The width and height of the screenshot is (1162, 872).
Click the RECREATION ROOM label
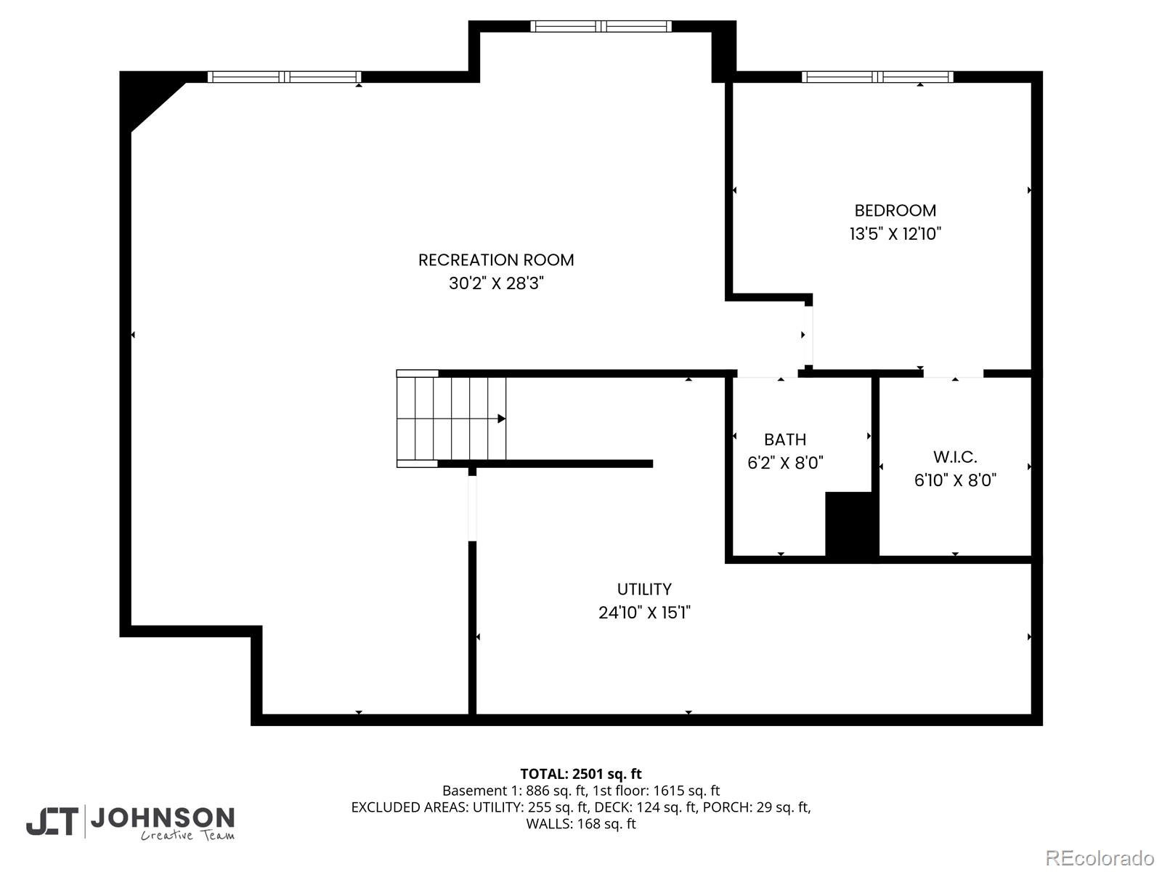[x=496, y=260]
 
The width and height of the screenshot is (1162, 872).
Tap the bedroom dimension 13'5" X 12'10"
[x=895, y=234]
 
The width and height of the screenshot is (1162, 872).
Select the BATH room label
[x=785, y=440]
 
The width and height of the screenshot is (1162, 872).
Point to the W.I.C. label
[x=955, y=457]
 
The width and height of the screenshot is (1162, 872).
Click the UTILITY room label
[x=644, y=589]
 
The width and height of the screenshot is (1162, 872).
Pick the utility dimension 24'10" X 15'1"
[x=644, y=613]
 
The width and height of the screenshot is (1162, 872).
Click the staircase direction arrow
[x=501, y=419]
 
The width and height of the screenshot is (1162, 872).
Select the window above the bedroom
[x=877, y=77]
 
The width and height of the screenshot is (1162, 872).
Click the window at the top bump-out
[x=601, y=27]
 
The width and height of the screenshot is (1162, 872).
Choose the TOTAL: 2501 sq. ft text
[x=581, y=774]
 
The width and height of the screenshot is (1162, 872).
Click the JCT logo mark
[x=52, y=822]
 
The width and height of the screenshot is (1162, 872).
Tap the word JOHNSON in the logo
[x=162, y=817]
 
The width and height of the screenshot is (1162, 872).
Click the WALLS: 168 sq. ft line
[x=581, y=824]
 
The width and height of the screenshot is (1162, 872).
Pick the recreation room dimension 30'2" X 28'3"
[x=496, y=283]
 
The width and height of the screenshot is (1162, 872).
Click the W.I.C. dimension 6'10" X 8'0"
[x=955, y=480]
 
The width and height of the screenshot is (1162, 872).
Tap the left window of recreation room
[x=284, y=77]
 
